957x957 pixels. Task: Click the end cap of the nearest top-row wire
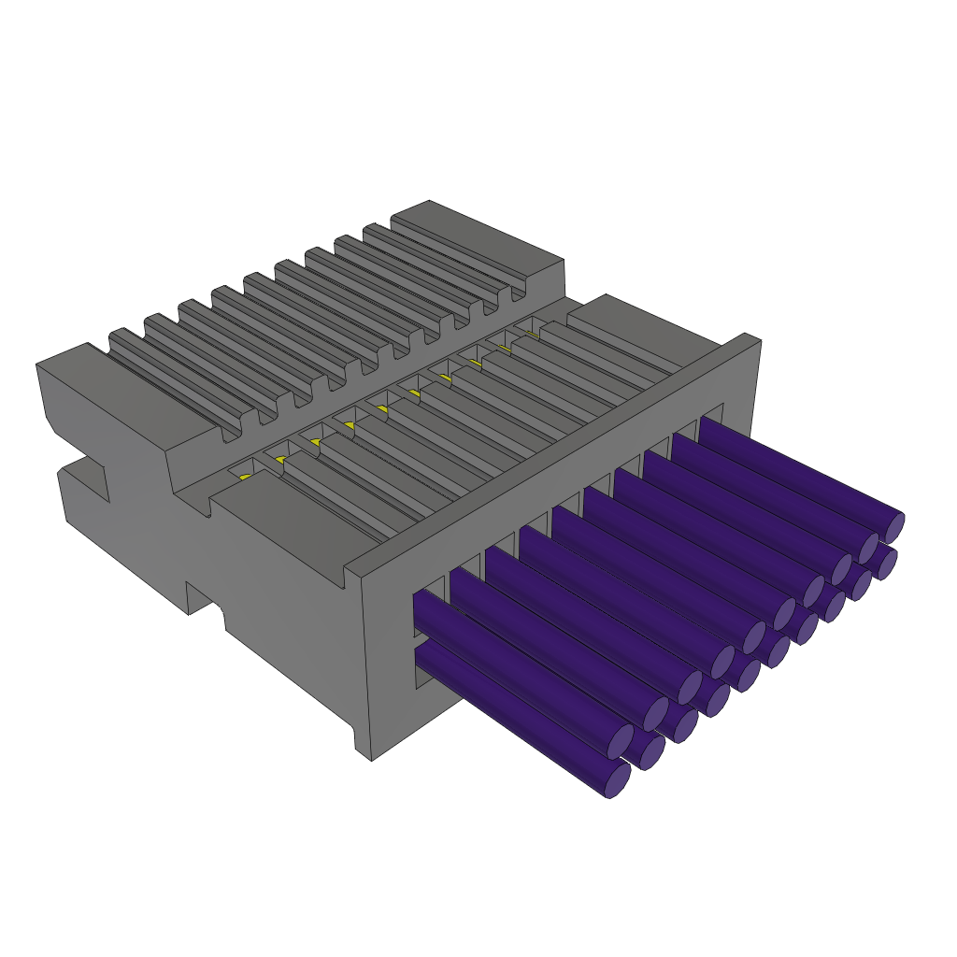click(x=621, y=741)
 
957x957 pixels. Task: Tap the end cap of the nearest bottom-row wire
click(x=617, y=780)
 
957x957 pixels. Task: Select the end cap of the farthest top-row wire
click(x=893, y=527)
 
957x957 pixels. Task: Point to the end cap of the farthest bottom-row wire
click(x=886, y=564)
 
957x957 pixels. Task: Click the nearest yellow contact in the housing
click(x=245, y=477)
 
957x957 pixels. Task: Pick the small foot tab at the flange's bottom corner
click(x=364, y=744)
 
